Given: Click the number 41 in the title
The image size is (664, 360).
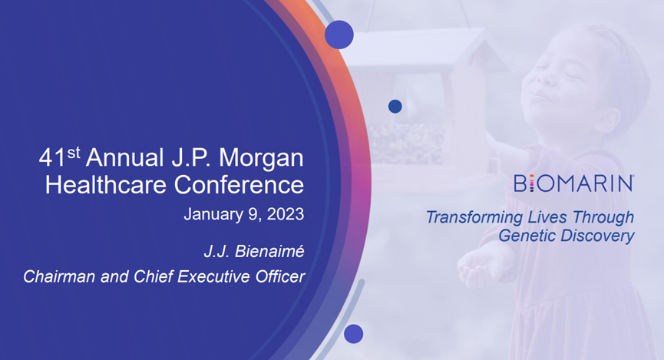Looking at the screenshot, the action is (52, 157).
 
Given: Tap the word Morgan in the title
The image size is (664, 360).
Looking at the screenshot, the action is (261, 158).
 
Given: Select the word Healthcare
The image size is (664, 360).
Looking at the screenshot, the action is (105, 185).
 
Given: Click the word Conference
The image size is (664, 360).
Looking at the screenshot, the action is (239, 185).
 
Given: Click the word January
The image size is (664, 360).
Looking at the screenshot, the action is (214, 214).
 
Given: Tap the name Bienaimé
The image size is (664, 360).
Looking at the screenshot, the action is (269, 251).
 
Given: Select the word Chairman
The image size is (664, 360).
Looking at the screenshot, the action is (59, 276).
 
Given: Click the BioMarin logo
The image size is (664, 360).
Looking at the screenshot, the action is (573, 183).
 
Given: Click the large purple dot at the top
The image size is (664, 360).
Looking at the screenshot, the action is (339, 35).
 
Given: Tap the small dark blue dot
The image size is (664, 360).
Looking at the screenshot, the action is (395, 106).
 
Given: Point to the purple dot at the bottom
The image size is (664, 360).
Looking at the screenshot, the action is (354, 334).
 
